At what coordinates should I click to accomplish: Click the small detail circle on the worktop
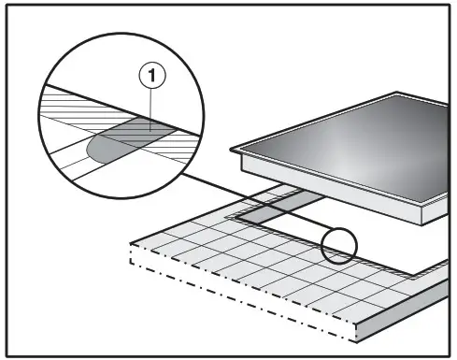pos(338,247)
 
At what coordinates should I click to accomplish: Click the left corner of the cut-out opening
pos(233,218)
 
